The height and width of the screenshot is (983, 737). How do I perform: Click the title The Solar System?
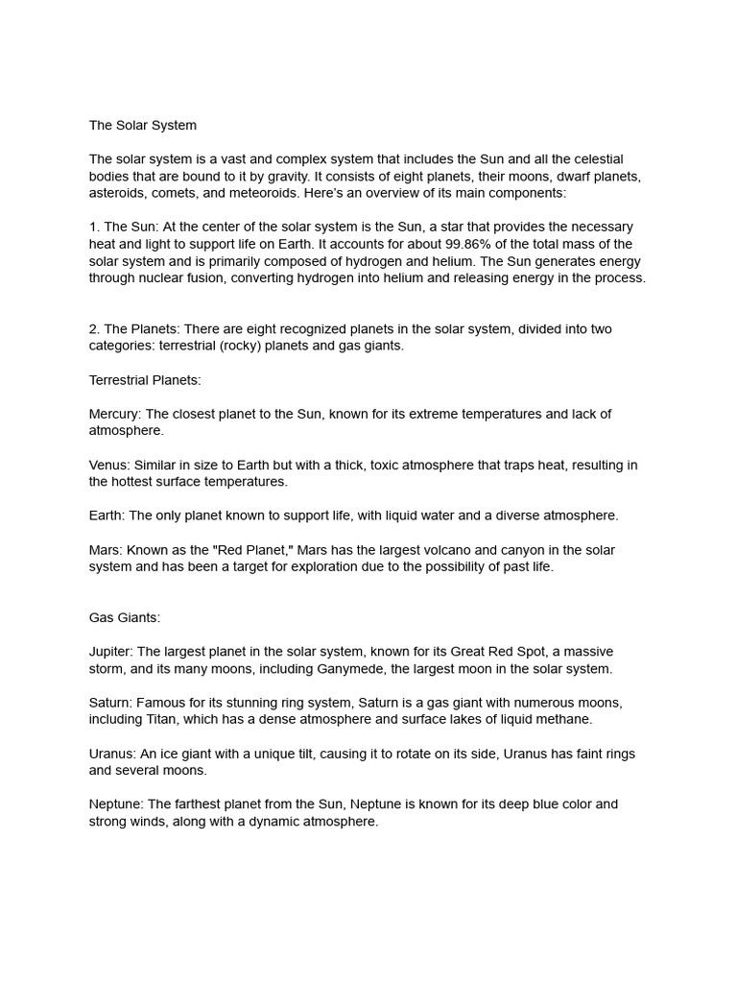(x=142, y=125)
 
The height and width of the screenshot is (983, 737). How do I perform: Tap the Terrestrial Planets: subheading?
(x=145, y=380)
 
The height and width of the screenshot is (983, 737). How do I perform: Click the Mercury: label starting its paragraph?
(x=114, y=414)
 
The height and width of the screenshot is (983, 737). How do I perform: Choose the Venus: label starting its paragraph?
(x=109, y=465)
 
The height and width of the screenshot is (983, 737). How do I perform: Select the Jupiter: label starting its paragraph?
(x=111, y=652)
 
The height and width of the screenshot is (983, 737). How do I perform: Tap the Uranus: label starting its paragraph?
(x=112, y=754)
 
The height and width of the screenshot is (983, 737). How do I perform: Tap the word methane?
(x=565, y=720)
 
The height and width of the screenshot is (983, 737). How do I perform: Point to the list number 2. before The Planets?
(x=94, y=329)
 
